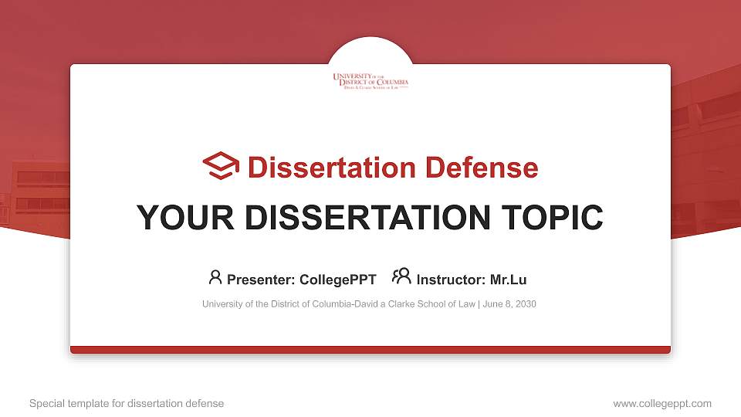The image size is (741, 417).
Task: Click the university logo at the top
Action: [370, 80]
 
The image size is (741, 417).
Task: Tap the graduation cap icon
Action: [221, 166]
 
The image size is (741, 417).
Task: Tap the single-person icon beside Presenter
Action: [215, 277]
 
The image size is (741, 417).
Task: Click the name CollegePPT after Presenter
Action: [336, 280]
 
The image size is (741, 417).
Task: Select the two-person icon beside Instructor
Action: [401, 277]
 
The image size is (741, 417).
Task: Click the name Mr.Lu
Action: [508, 280]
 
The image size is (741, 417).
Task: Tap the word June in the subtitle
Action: [494, 304]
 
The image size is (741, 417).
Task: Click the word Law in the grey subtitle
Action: [466, 304]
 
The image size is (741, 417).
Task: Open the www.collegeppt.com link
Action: [662, 403]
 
